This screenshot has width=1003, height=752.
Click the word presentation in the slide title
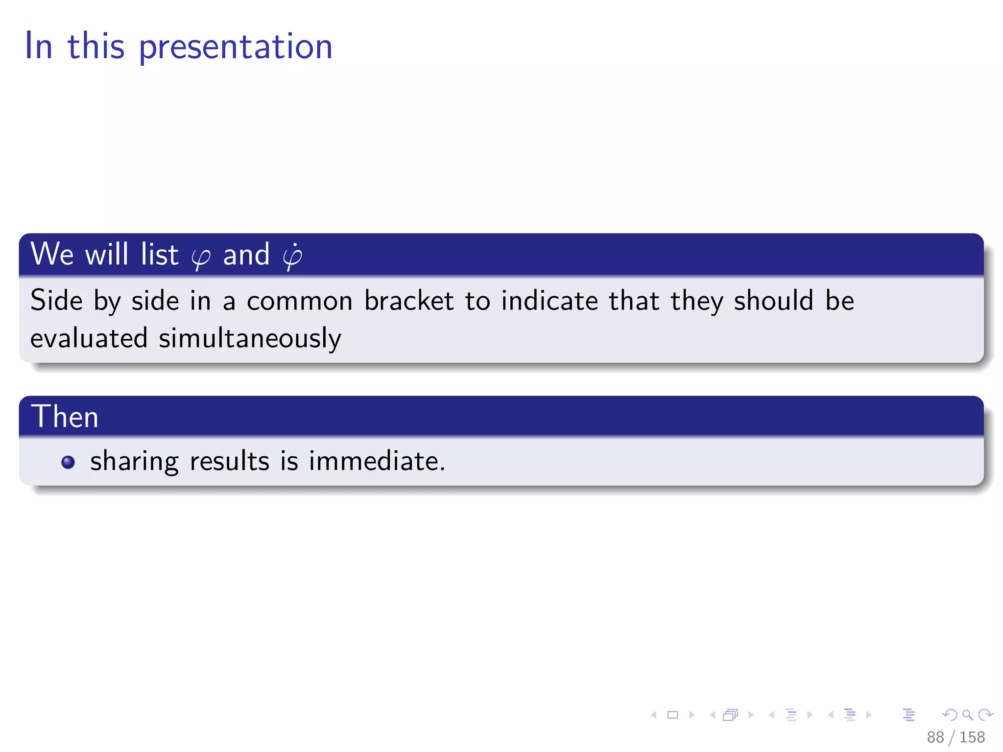point(236,47)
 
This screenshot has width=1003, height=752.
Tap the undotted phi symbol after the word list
point(201,258)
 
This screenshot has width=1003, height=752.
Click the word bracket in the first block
point(408,301)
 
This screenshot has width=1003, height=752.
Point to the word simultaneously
point(250,339)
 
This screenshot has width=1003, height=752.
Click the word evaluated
point(89,339)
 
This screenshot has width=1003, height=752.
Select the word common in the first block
point(299,302)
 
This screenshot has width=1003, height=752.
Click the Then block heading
point(65,417)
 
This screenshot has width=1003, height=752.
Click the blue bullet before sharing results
point(68,462)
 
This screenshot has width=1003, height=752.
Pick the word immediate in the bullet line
point(377,462)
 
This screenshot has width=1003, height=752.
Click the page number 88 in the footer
point(934,737)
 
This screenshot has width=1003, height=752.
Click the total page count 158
point(972,737)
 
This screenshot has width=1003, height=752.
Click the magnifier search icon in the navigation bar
point(967,715)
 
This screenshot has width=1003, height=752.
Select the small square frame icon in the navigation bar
point(673,715)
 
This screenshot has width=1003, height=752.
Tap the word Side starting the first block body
point(56,301)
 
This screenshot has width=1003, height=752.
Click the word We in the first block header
point(52,255)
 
